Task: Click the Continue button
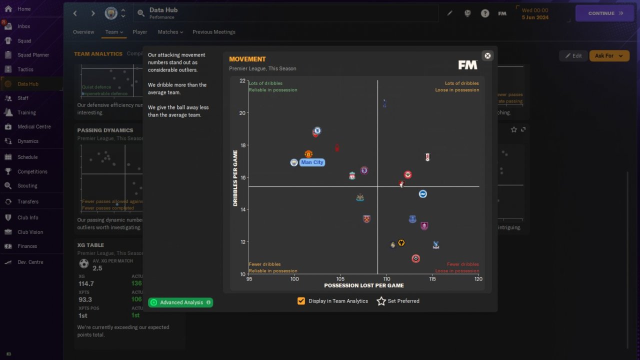tap(605, 13)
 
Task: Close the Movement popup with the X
tap(487, 55)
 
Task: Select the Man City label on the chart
tap(312, 162)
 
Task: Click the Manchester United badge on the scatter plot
tap(308, 154)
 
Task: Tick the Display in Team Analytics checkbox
tap(301, 301)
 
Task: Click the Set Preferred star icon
tap(381, 301)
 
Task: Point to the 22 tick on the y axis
tap(242, 81)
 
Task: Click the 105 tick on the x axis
tap(340, 279)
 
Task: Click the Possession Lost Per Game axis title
tap(363, 285)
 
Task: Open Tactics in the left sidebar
tap(25, 69)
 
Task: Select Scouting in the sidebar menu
tap(27, 185)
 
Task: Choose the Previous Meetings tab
tap(213, 32)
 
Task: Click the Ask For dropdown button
tap(609, 55)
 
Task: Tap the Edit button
tap(573, 55)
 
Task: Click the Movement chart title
tap(247, 59)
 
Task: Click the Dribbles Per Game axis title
tap(235, 178)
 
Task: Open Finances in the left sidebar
tap(27, 246)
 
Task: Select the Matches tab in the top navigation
tap(170, 32)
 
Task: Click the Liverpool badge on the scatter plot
tap(352, 176)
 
